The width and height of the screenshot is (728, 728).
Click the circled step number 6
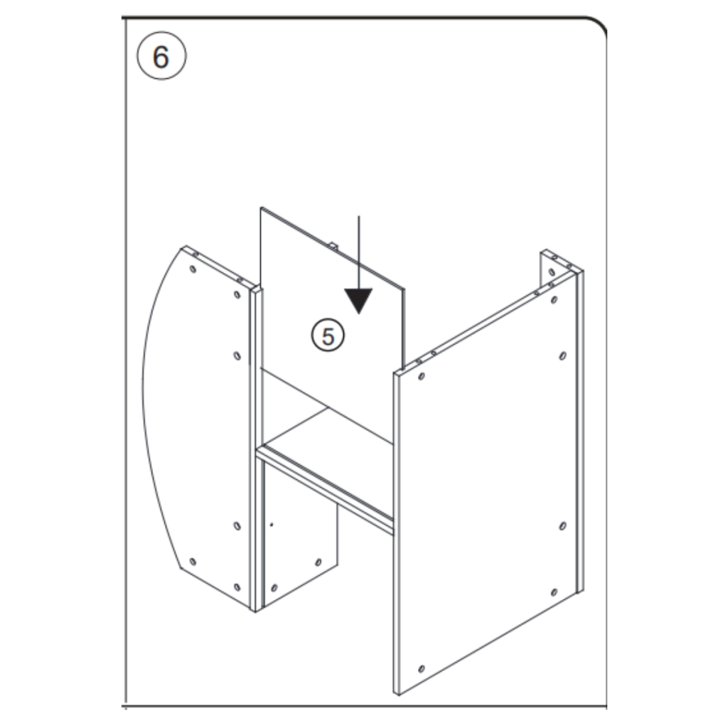(x=161, y=57)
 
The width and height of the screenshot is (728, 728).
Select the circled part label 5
(x=328, y=335)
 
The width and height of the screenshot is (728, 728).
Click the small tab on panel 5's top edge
(x=332, y=245)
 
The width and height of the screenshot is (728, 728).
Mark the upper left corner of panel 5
(x=262, y=208)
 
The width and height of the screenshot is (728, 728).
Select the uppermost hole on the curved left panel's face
(x=193, y=269)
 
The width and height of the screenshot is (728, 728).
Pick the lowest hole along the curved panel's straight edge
(x=237, y=587)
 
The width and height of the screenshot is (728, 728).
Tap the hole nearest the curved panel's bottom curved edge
(x=193, y=562)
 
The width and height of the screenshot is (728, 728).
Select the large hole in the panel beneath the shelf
(x=274, y=588)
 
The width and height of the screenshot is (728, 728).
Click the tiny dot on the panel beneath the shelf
(x=271, y=525)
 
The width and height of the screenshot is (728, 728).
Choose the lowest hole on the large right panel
(x=422, y=668)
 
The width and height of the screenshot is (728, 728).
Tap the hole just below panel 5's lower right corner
(x=422, y=375)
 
